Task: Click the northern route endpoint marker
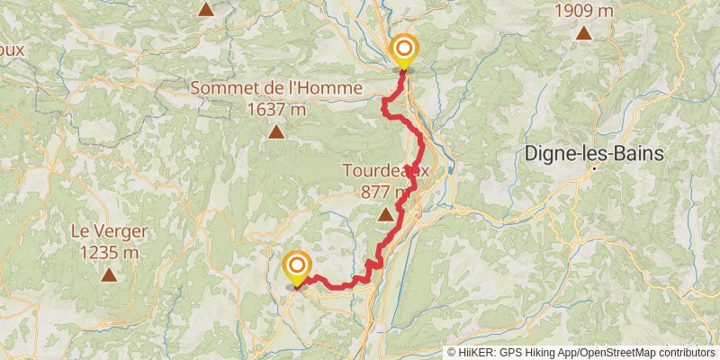(403, 50)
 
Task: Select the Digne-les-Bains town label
(594, 154)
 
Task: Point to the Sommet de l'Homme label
(275, 89)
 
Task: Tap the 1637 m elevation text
(275, 109)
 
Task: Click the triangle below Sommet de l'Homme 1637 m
(275, 133)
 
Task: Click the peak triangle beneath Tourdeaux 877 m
(386, 214)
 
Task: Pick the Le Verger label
(108, 232)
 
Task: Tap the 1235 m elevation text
(108, 252)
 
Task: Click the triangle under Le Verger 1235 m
(108, 275)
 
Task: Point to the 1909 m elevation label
(585, 11)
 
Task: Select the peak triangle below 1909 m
(584, 34)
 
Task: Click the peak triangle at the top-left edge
(206, 10)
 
